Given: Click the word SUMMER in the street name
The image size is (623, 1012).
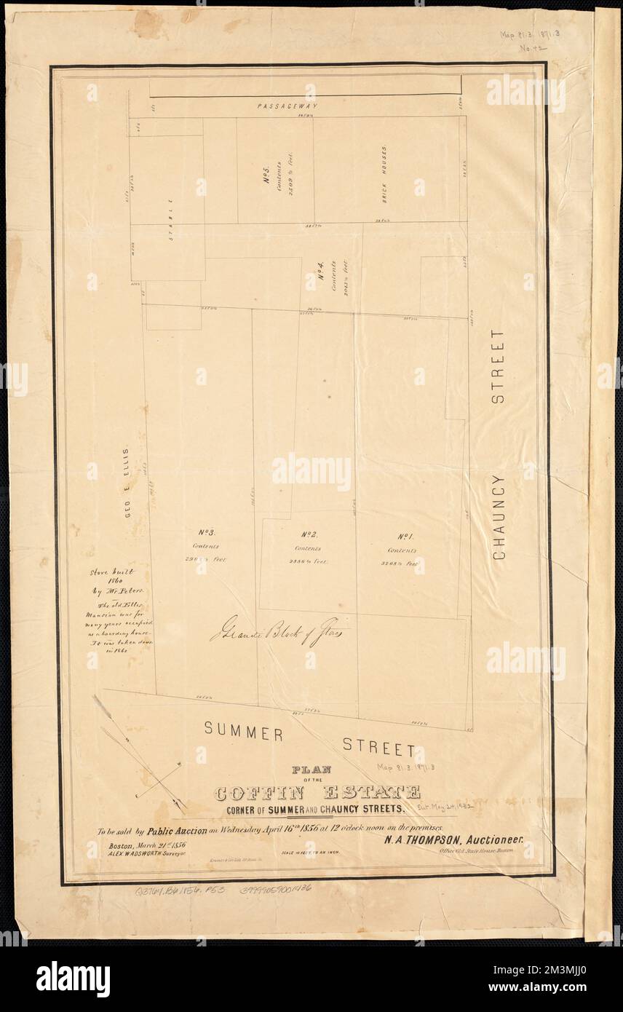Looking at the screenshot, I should pos(242,731).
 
